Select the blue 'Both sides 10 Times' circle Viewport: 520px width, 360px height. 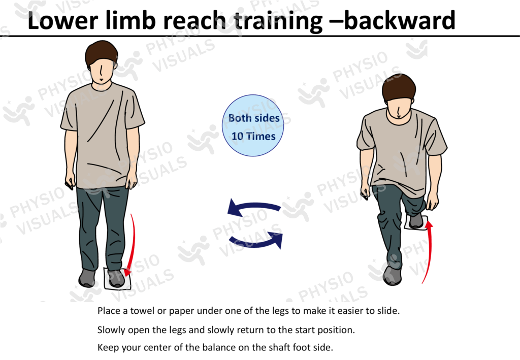click(253, 127)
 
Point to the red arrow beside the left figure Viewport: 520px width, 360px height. click(131, 244)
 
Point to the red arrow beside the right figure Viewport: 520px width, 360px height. click(430, 254)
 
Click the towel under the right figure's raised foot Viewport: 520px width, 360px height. click(416, 222)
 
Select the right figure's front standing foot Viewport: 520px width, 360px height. click(392, 275)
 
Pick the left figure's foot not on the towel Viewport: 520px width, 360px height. click(87, 278)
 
